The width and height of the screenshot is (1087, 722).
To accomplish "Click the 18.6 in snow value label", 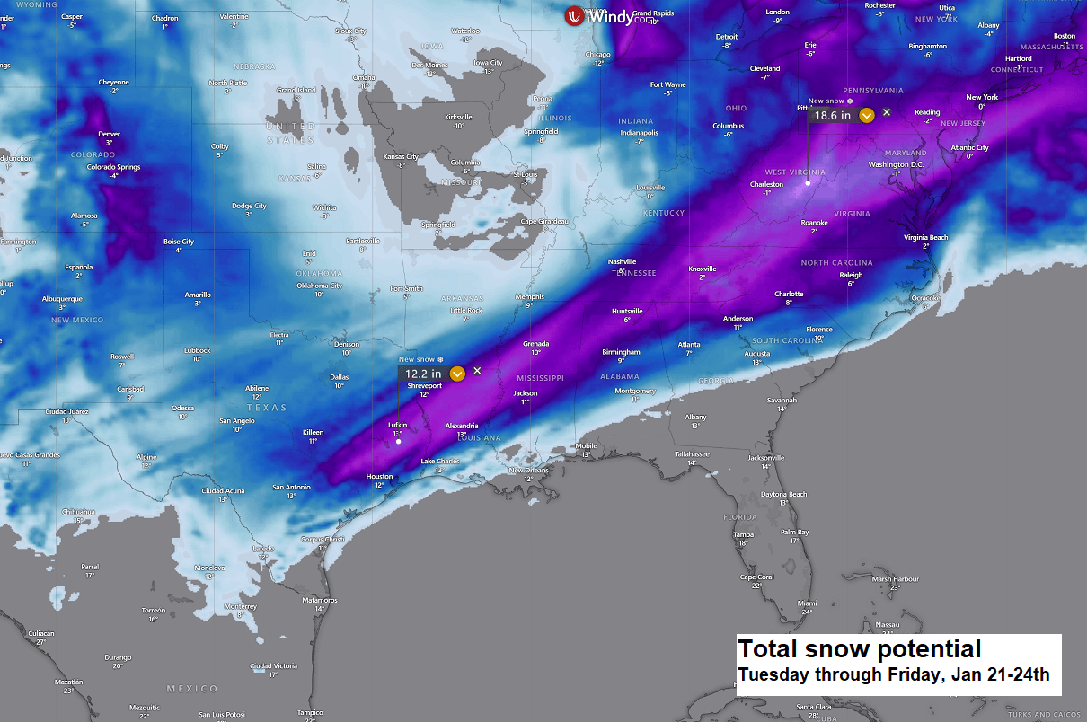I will [833, 115].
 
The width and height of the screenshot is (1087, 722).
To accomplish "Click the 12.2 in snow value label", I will [423, 374].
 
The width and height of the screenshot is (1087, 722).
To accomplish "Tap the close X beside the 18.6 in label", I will [887, 112].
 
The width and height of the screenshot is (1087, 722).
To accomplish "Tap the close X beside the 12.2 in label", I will [477, 371].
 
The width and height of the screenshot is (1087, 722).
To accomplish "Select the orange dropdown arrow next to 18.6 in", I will [866, 115].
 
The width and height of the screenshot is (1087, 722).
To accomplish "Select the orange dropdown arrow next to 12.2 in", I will [457, 374].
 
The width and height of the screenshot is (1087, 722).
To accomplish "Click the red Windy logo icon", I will [574, 15].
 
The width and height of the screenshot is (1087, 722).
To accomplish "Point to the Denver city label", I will [109, 134].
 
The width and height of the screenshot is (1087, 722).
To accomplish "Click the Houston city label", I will [379, 476].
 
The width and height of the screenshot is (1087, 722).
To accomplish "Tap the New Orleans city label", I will [528, 471].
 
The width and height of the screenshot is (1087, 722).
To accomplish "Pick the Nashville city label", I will [622, 261].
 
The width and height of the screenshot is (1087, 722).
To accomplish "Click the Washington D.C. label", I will [896, 164].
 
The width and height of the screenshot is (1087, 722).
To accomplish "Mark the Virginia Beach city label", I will [925, 237].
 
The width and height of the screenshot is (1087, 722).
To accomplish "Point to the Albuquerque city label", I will [62, 298].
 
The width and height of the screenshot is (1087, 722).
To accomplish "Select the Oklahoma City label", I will [319, 286].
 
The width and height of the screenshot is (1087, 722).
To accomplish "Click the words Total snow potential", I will [859, 649].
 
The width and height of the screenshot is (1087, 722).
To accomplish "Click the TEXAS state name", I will [267, 408].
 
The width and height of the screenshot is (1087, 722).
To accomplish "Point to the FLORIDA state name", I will [741, 517].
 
